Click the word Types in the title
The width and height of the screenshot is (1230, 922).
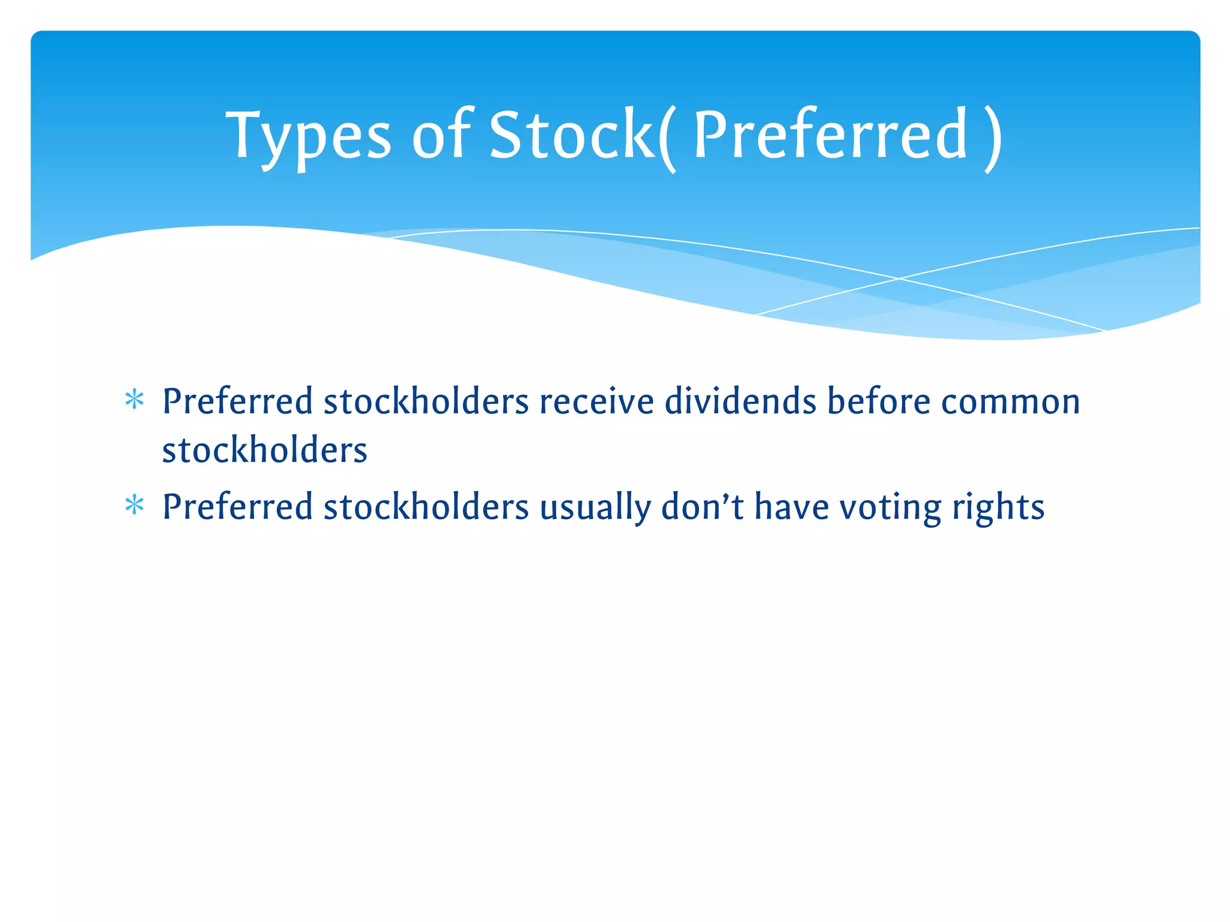(308, 137)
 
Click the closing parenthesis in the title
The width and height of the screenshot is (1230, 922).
(993, 139)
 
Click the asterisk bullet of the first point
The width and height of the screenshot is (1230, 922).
(135, 400)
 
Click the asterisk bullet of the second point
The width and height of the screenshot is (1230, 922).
(135, 505)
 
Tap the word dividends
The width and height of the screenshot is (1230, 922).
(740, 401)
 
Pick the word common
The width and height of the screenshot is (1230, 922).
(1010, 402)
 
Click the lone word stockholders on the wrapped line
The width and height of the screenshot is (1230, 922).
(264, 450)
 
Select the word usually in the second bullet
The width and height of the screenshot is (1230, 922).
(595, 508)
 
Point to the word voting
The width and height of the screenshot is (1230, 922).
(890, 508)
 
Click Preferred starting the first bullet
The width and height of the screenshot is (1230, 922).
(238, 401)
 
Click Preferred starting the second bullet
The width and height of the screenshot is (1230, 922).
(238, 507)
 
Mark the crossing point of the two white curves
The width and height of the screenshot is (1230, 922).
(898, 279)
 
